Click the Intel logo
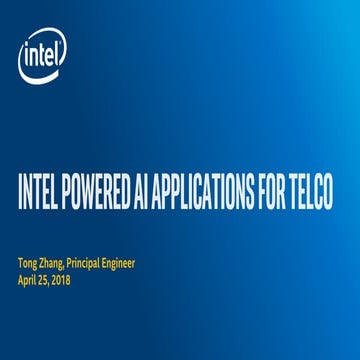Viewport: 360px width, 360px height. point(43,59)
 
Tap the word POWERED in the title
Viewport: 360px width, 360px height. point(97,193)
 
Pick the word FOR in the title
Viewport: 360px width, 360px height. point(267,193)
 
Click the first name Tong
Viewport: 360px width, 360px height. point(28,264)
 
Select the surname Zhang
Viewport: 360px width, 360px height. point(56,264)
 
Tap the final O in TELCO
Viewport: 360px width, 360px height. point(327,193)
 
